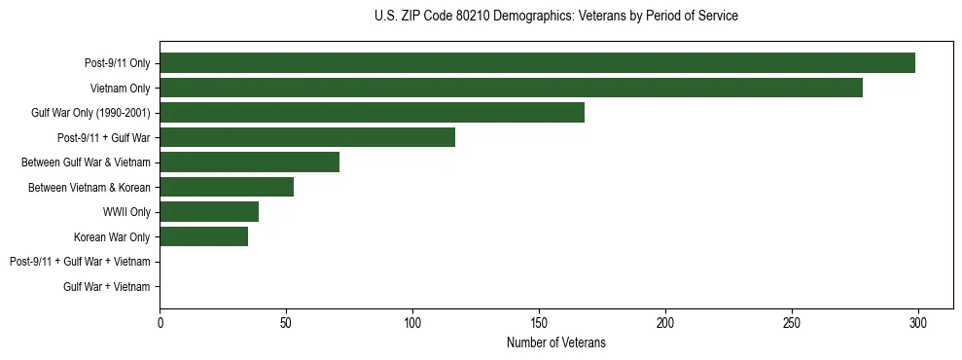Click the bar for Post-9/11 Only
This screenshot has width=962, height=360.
(x=537, y=63)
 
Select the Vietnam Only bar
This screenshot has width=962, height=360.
(x=511, y=88)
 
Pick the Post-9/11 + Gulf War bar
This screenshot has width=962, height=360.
(x=307, y=137)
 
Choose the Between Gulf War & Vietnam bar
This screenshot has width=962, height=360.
(x=249, y=162)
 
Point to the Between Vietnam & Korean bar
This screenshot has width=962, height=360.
(x=227, y=187)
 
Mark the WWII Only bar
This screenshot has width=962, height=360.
(x=209, y=212)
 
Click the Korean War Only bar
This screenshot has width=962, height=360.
(x=203, y=236)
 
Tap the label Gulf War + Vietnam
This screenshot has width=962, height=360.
(x=107, y=287)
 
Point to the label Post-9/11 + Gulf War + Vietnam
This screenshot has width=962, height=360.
(x=80, y=262)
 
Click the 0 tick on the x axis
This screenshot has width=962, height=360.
(x=160, y=322)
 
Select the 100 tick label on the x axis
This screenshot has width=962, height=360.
(x=412, y=322)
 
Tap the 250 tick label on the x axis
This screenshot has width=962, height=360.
(x=792, y=322)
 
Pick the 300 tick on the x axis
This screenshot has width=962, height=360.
(x=918, y=322)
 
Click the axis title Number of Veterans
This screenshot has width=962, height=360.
(x=555, y=342)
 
